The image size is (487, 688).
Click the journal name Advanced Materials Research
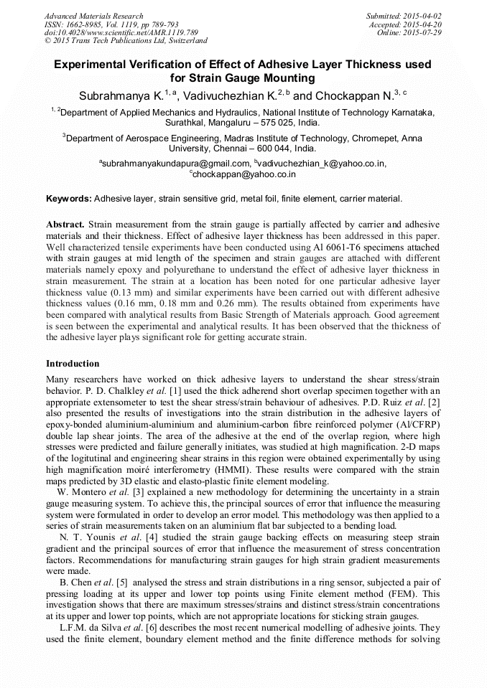93,16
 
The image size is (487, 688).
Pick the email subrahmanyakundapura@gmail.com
173,164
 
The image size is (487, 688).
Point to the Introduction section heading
73,364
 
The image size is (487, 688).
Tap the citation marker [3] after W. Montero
137,491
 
